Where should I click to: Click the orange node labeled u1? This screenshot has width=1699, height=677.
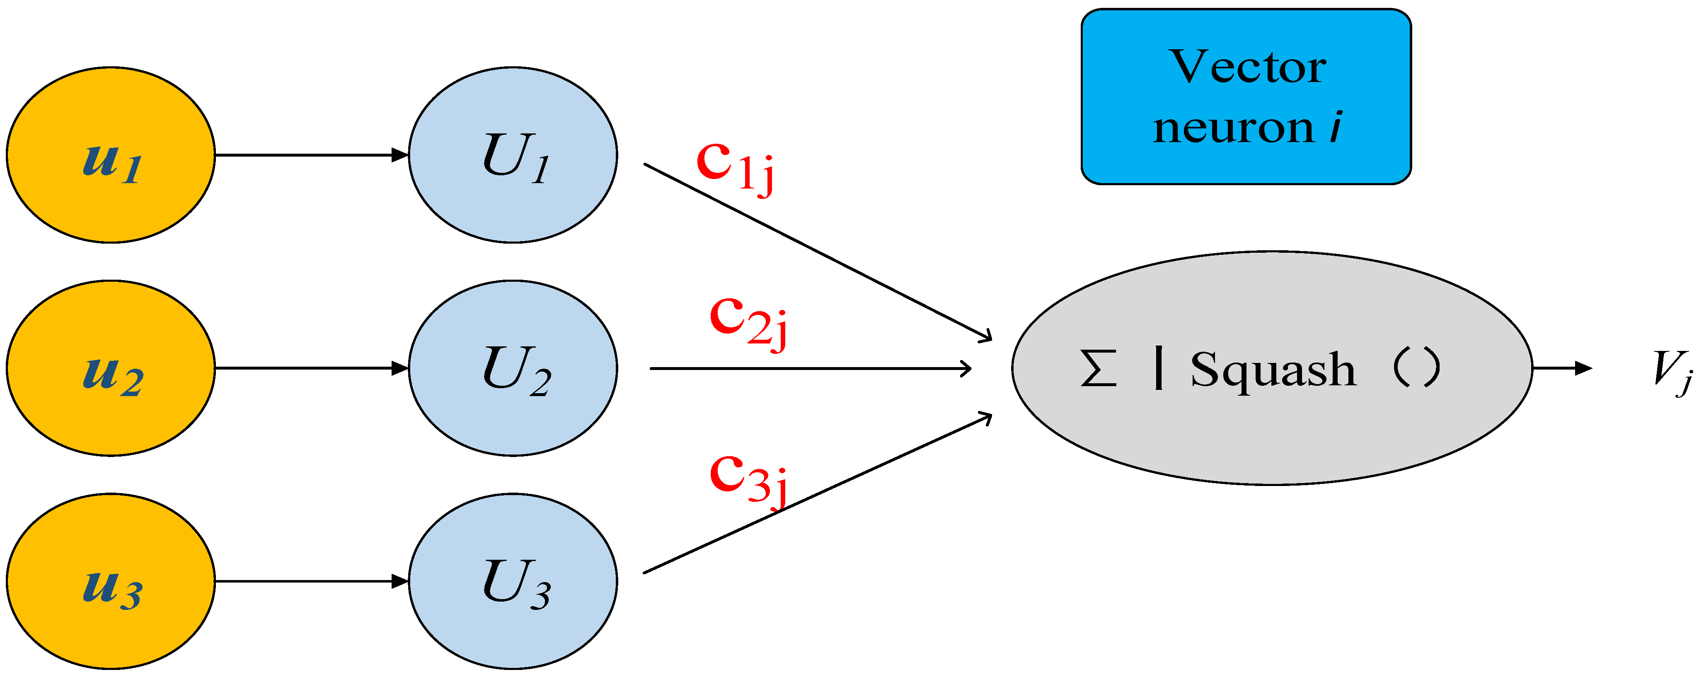click(111, 155)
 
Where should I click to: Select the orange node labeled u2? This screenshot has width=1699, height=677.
click(111, 368)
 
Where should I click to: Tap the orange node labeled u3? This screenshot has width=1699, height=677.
click(111, 581)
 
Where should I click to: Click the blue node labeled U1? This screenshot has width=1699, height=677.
click(513, 155)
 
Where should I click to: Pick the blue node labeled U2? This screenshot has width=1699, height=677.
click(513, 368)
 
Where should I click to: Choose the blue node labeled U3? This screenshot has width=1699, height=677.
click(513, 581)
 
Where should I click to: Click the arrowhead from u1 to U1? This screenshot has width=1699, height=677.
click(400, 155)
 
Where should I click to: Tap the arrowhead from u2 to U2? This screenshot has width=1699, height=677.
click(400, 368)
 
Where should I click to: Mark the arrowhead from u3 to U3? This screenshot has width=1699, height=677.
click(400, 581)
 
